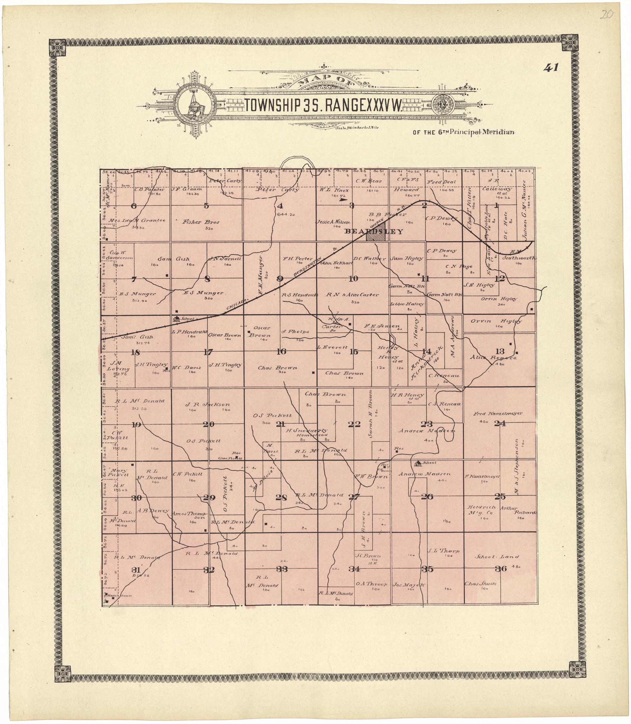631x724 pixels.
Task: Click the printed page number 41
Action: click(x=551, y=68)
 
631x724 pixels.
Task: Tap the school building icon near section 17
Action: click(x=177, y=319)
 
